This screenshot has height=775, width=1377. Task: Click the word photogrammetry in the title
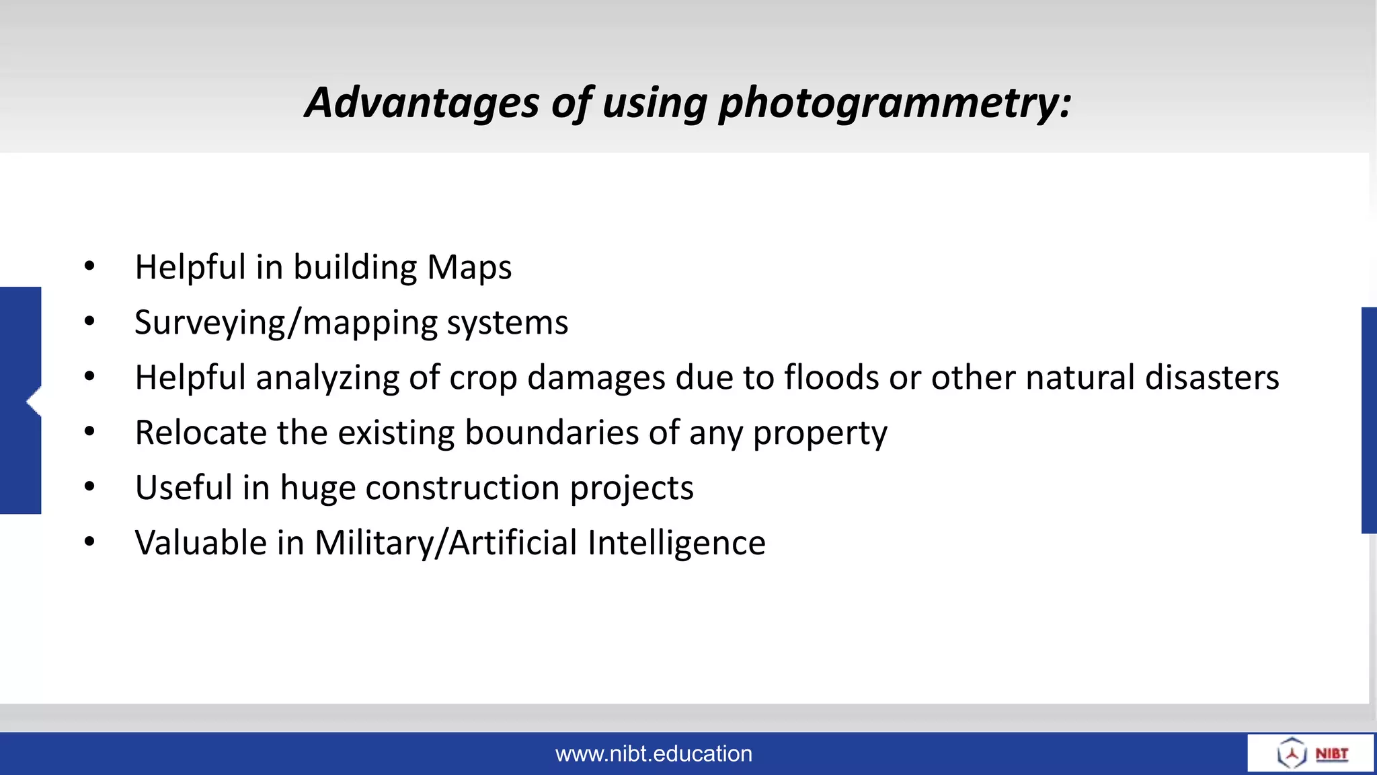(894, 104)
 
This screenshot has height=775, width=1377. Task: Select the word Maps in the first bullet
(469, 268)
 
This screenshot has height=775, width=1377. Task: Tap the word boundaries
(551, 433)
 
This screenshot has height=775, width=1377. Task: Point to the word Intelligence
(676, 544)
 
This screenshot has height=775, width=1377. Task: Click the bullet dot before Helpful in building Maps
(89, 267)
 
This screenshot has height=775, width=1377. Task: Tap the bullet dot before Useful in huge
(89, 487)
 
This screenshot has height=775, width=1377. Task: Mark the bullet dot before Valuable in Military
(89, 542)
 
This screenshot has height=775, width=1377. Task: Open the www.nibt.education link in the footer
(654, 753)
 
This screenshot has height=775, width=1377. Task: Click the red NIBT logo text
(1331, 753)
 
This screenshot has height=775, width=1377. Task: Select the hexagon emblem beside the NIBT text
(1292, 753)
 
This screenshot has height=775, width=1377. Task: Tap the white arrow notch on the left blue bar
(34, 402)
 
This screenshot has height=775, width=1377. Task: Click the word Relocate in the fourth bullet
(200, 433)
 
